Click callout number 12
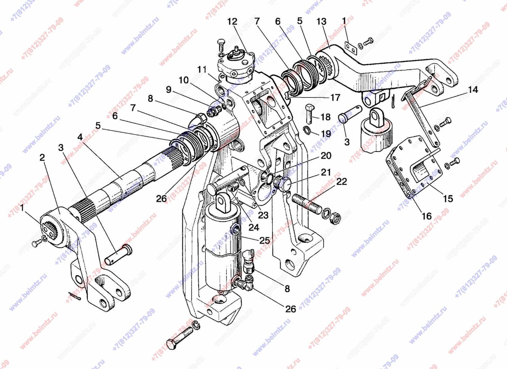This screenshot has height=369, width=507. pos(232,22)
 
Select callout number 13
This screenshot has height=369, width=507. pos(321,22)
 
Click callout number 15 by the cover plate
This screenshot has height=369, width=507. pos(448,198)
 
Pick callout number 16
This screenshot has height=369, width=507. pos(427,216)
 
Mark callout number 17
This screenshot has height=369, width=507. pos(335,97)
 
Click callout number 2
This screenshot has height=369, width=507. pos(42,157)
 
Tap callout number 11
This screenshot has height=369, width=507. pos(202,70)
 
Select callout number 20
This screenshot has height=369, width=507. pos(326,156)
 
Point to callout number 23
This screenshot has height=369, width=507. pos(263,215)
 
